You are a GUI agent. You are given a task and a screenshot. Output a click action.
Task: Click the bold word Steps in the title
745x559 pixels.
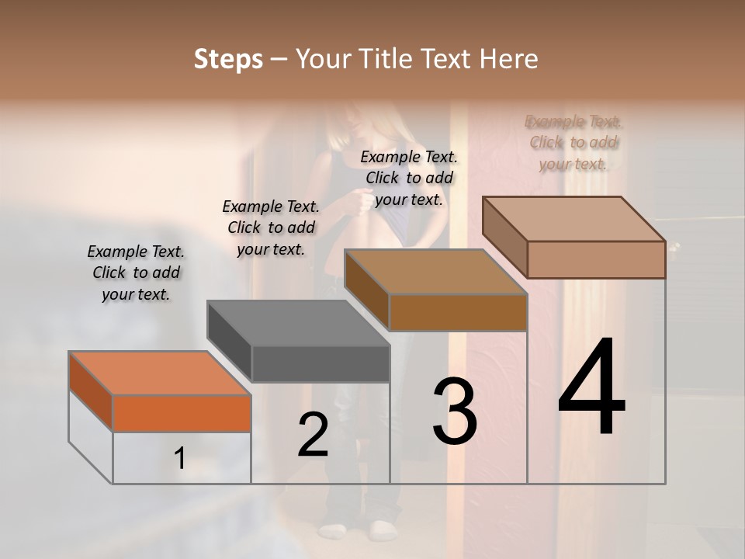tap(228, 59)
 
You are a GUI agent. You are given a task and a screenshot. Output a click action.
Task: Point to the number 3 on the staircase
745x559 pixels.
tap(454, 411)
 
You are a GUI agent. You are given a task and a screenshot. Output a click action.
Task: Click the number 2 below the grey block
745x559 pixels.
tap(313, 436)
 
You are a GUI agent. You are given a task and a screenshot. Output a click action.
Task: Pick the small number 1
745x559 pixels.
tap(180, 459)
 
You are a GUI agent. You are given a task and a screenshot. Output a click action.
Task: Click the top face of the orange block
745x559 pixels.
tap(159, 373)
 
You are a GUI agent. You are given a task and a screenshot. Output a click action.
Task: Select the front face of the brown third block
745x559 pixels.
tap(458, 313)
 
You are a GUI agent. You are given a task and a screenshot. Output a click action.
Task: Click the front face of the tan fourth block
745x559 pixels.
tap(596, 259)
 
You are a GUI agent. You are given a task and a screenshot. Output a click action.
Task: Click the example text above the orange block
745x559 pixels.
tap(136, 273)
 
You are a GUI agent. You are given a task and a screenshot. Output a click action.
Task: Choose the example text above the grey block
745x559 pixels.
tap(271, 227)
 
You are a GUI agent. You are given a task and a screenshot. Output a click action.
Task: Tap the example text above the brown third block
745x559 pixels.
tap(409, 178)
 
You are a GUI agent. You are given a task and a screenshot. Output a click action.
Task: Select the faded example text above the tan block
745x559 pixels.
tap(573, 142)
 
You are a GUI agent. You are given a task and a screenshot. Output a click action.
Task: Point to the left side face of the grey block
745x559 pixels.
tap(230, 341)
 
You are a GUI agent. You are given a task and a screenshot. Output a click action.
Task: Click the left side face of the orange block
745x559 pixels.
tap(91, 392)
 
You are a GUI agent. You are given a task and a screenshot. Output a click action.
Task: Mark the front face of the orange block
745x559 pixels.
tap(182, 413)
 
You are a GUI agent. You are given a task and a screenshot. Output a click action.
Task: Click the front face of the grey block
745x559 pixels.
tap(321, 364)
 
